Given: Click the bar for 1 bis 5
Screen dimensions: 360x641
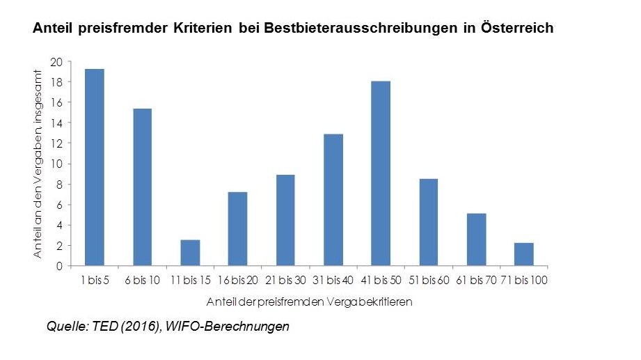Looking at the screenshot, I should [x=95, y=167].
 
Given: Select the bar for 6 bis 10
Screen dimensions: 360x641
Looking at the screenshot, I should [x=142, y=187].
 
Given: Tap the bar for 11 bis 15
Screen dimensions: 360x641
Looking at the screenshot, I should [x=190, y=253].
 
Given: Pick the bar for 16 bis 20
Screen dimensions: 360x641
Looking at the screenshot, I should [x=238, y=229].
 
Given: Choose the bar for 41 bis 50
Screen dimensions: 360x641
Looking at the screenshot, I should [x=381, y=173].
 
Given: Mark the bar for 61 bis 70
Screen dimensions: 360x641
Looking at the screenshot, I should [x=476, y=240].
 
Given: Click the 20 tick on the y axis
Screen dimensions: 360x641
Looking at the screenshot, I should [x=57, y=62].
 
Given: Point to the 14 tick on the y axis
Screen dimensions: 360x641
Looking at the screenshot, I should [x=57, y=123].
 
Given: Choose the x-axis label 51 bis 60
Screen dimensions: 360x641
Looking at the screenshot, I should [x=429, y=281].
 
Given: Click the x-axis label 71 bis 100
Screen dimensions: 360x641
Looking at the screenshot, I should [x=524, y=281].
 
